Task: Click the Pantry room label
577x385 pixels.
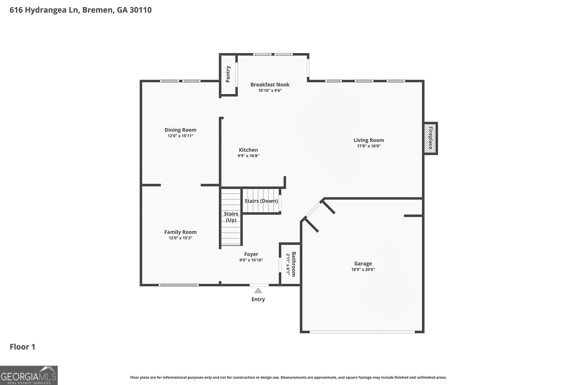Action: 228,74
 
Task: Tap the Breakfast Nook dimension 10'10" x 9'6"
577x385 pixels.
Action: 270,91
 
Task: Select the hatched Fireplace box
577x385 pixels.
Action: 430,139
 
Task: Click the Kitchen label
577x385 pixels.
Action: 248,150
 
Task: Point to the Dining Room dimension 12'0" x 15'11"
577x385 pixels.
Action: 180,136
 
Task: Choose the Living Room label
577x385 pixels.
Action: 369,140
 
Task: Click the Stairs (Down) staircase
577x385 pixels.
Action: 261,201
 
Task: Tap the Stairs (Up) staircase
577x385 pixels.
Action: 231,217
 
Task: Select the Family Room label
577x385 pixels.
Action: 180,232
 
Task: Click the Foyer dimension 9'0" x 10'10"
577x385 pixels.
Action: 251,260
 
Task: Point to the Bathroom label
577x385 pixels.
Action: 294,264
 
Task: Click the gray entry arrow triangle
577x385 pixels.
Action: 258,290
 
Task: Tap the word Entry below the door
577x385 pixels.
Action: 258,299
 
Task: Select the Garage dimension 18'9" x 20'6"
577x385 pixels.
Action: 363,270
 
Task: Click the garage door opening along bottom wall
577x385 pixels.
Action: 362,332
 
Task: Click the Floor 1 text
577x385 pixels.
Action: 22,347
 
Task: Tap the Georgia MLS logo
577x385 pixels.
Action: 29,375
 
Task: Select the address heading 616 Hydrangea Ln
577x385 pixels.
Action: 80,10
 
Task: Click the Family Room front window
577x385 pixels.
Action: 179,285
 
